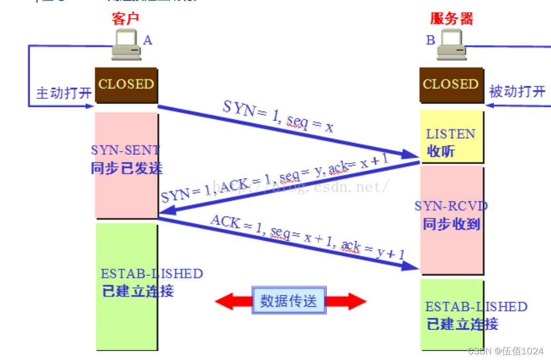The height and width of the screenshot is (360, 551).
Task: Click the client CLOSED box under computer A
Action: click(x=126, y=85)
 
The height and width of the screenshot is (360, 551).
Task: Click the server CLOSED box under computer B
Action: click(x=450, y=85)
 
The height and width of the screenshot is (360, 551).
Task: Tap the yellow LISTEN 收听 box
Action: click(x=450, y=137)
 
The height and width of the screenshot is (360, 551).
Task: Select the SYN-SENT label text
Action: click(x=125, y=150)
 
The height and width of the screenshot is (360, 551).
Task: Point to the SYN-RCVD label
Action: click(x=451, y=206)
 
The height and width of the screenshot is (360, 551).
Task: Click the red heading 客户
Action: click(x=126, y=19)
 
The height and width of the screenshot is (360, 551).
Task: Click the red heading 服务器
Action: click(x=452, y=19)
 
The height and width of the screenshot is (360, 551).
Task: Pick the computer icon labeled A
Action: click(x=126, y=45)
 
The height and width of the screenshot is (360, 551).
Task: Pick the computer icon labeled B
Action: click(x=450, y=45)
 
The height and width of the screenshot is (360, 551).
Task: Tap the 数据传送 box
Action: click(x=289, y=301)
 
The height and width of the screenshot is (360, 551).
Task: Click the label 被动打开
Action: click(x=517, y=91)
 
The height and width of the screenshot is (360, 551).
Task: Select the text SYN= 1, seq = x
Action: click(x=278, y=117)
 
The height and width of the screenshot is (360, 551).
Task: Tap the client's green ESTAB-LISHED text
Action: click(x=152, y=274)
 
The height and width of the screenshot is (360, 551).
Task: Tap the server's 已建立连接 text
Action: click(x=462, y=324)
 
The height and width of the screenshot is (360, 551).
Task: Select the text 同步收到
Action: click(x=451, y=224)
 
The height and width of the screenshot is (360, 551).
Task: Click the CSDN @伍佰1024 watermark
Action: click(x=505, y=351)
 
